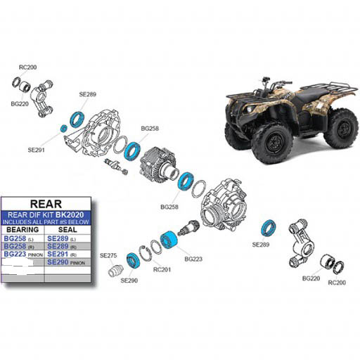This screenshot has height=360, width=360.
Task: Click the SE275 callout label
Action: (108, 255)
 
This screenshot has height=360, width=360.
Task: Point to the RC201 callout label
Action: (162, 269)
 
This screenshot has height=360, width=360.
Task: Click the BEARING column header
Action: (22, 230)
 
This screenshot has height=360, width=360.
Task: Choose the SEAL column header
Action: (67, 230)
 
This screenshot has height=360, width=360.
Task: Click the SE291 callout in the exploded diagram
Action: (37, 150)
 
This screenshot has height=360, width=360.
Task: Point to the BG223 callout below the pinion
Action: (193, 259)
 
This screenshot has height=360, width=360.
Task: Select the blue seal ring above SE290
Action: (131, 259)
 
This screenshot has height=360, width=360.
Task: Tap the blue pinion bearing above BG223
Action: (169, 240)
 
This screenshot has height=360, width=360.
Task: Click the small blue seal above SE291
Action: (63, 128)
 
